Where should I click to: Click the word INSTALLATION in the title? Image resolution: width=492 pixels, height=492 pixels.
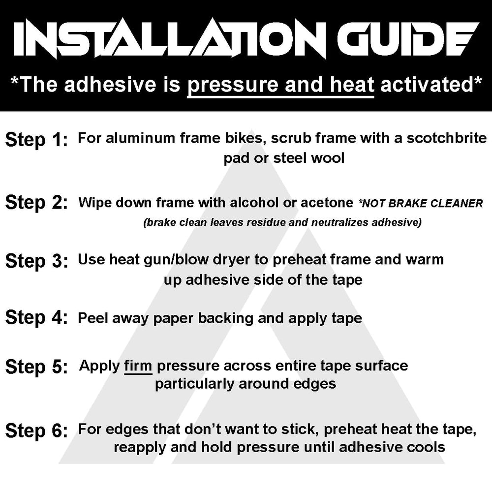(171, 38)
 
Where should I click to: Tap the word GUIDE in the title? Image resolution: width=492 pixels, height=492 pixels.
(408, 38)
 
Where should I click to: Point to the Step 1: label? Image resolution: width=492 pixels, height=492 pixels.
(36, 140)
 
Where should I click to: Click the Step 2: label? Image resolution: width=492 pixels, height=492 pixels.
(36, 202)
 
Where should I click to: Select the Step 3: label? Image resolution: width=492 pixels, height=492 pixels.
(36, 261)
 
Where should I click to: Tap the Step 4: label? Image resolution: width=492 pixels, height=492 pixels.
(36, 317)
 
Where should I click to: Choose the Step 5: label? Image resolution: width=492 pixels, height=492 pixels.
(36, 367)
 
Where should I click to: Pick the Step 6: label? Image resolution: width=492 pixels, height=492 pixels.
(36, 430)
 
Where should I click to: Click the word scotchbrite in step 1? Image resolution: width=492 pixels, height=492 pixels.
(447, 138)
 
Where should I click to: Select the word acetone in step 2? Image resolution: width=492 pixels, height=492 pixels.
(327, 203)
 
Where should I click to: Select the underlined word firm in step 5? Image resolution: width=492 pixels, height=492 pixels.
(138, 366)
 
